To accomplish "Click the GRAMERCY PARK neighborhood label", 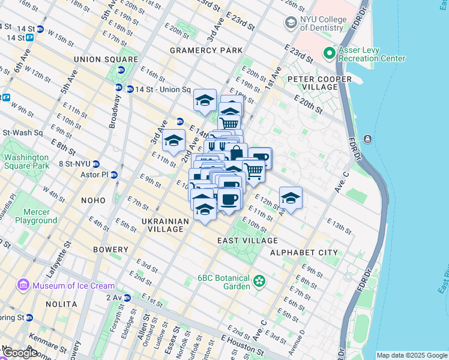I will coord(206,50).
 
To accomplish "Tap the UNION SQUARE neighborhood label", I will coord(106,59).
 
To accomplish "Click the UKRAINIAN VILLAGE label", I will coord(162,225).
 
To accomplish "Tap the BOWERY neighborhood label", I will coord(110,249).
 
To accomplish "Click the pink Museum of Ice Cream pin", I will coord(24,285).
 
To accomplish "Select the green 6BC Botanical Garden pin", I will coord(259,281).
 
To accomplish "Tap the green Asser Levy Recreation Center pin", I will coord(329,54).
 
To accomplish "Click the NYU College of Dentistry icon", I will coord(291,23).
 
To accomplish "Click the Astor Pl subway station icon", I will coord(114,175).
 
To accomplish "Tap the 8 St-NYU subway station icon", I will coord(95,164).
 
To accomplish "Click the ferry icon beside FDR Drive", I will coord(367,139).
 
